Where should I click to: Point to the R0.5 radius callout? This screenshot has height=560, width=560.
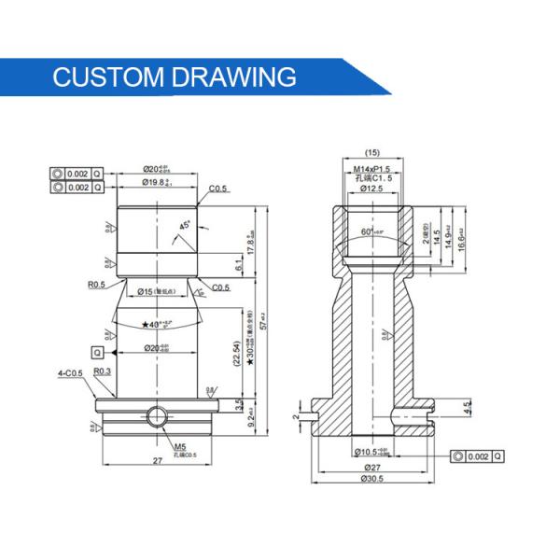[x=96, y=285]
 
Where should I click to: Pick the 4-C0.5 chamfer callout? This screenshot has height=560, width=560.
[x=69, y=372]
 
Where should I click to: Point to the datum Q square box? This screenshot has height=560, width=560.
[x=97, y=352]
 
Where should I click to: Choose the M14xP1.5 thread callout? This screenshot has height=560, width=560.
[x=371, y=167]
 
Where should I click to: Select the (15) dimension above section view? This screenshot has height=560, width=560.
[x=371, y=152]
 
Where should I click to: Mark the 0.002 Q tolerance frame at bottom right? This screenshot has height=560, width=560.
[x=477, y=455]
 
